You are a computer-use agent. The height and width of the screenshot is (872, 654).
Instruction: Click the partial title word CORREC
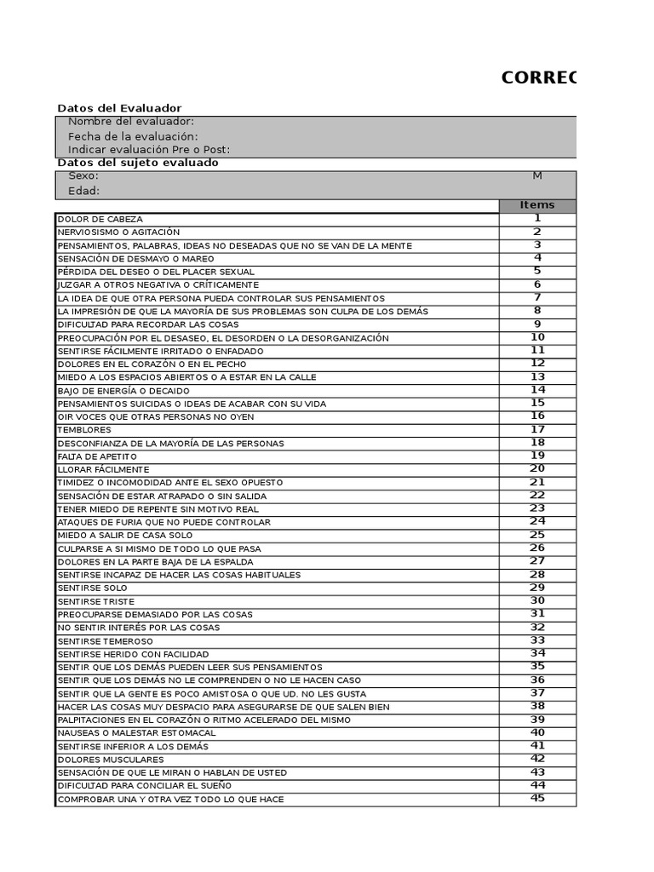point(538,78)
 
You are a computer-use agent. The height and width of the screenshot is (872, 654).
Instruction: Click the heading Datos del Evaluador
point(119,108)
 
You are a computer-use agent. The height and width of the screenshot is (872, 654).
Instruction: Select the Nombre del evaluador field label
point(131,122)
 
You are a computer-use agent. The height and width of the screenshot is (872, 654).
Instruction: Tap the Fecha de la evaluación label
point(133,136)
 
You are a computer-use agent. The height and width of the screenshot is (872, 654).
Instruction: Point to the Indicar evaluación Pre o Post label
point(149,150)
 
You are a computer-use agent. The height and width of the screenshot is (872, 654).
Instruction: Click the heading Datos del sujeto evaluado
point(138,163)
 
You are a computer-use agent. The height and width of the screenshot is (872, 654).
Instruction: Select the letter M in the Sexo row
point(536,175)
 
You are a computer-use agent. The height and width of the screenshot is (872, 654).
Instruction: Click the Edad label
point(83,191)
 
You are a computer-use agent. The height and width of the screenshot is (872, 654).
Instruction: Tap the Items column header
point(536,205)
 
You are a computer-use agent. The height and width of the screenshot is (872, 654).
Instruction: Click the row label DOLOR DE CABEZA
point(100,220)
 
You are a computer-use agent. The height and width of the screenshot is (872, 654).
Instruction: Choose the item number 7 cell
point(537,298)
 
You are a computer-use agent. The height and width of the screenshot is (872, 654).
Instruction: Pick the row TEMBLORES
point(84,430)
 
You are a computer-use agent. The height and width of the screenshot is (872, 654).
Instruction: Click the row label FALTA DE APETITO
point(97,456)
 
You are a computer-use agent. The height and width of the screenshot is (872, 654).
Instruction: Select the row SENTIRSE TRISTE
point(95,602)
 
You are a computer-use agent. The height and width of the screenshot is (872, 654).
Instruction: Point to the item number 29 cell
point(537,588)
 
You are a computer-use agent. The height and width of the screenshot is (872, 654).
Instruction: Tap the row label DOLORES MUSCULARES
point(110,760)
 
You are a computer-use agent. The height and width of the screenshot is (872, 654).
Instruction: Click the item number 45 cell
point(537,799)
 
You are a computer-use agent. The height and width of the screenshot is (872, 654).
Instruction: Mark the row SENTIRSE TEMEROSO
point(105,641)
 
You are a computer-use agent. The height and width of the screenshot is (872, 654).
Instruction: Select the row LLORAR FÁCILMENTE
point(103,470)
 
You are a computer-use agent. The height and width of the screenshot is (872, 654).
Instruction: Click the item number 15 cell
point(537,404)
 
